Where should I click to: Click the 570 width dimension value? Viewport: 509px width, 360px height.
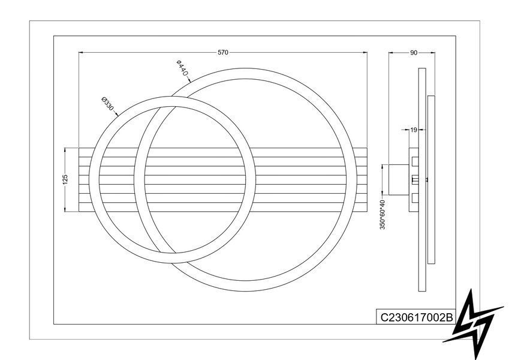tap(222, 52)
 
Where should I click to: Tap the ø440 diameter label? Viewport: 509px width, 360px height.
tap(182, 68)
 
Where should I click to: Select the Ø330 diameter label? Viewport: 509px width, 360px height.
tap(107, 104)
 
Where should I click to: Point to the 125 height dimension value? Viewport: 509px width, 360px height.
tap(65, 179)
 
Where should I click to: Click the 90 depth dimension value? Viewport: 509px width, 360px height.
tap(414, 53)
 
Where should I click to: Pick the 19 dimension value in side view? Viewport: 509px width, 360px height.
tap(413, 130)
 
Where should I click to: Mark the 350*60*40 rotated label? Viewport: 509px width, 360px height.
tap(382, 215)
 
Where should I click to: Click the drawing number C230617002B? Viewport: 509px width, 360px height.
tap(416, 317)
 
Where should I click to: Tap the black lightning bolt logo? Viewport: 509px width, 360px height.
tap(474, 323)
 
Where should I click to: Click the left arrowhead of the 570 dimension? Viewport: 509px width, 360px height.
tap(82, 52)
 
